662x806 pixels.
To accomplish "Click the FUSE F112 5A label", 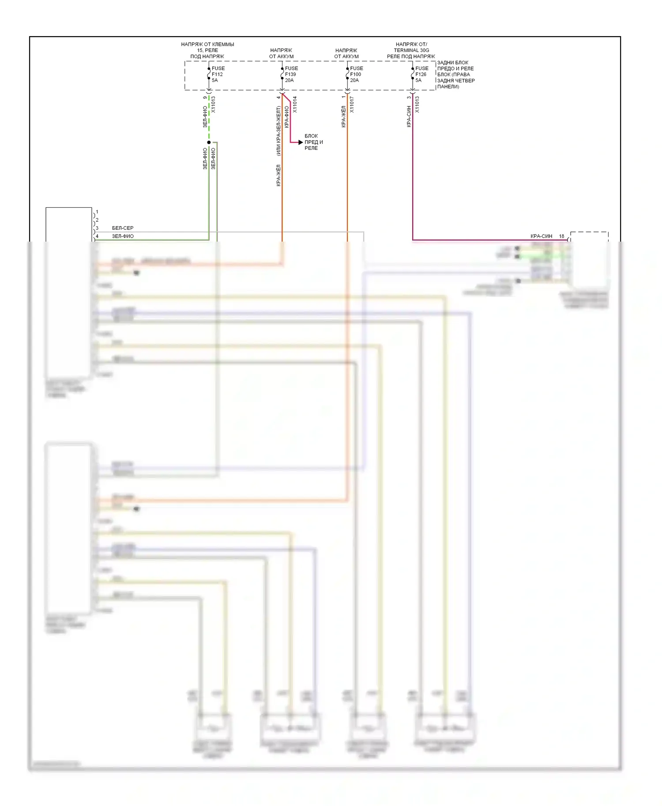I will pos(218,75).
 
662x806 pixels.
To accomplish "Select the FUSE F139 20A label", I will pos(291,75).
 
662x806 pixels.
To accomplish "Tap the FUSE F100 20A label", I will pos(356,75).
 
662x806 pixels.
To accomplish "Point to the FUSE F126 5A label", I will pos(421,75).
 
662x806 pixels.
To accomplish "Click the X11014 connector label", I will pos(295,104).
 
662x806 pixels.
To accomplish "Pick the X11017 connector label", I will pos(352,104).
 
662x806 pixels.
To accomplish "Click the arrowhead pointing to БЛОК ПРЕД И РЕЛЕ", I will pos(301,142).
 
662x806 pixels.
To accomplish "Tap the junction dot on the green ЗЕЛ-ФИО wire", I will pos(209,142).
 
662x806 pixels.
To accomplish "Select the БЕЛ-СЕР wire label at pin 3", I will pos(123,228).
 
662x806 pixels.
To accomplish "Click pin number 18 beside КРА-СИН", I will pos(561,236).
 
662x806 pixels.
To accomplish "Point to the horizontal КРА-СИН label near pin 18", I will pos(541,236).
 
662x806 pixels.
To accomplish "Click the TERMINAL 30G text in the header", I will pos(411,50).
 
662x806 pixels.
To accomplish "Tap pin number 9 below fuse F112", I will pos(205,97).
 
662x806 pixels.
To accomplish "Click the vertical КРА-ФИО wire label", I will pos(287,117).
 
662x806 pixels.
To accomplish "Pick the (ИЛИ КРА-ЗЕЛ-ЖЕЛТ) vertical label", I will pos(278,131).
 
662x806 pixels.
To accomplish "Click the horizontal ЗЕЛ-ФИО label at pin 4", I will pos(123,236).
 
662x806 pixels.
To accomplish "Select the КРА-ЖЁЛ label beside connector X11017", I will pos(343,117).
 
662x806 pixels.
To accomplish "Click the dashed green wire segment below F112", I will pos(209,119).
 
